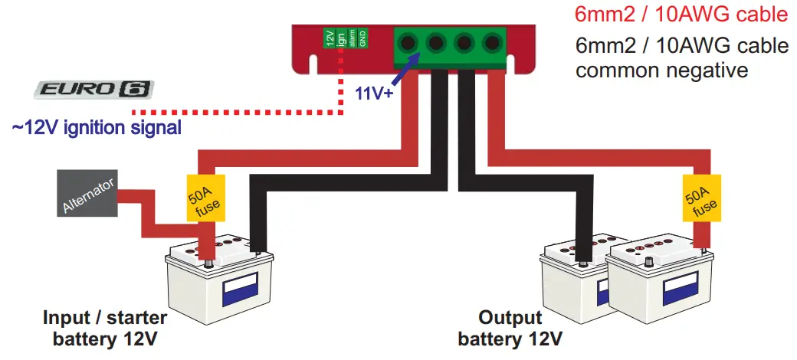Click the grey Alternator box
coord(88,194)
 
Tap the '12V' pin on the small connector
coord(330,38)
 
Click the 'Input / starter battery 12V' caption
coord(105,327)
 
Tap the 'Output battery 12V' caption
coord(510,327)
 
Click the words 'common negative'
coord(661,71)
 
